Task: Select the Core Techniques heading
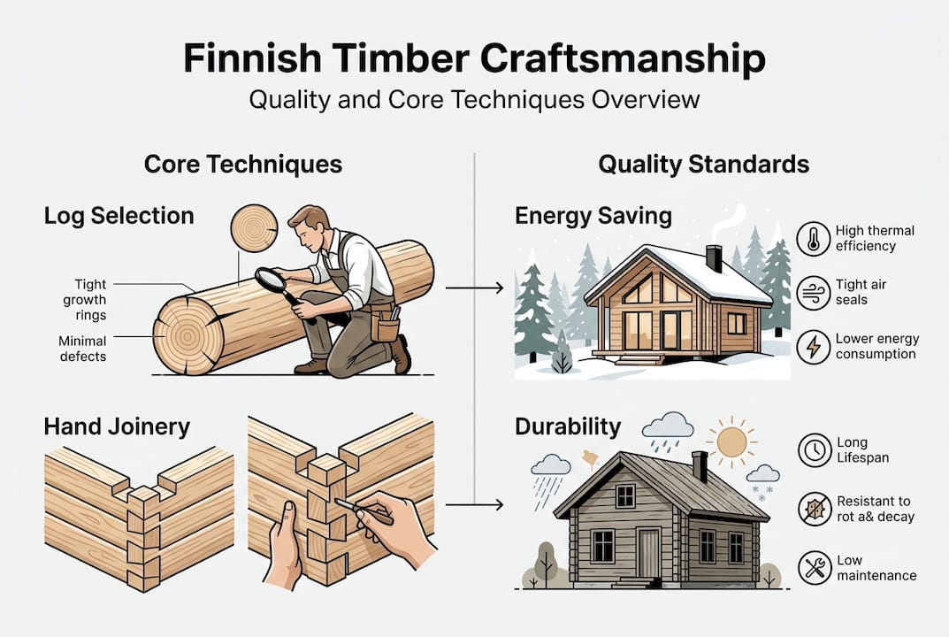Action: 242,165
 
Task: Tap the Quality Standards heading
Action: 703,165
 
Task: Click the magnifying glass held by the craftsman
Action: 272,281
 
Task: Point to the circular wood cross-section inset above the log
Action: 254,228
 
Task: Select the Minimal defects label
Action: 83,348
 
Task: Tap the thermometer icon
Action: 813,239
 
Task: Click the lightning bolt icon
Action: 813,346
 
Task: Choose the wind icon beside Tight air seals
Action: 813,293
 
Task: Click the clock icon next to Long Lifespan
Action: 813,450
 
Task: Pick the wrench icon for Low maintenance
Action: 813,567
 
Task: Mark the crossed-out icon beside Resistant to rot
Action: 813,509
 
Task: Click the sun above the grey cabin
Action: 731,440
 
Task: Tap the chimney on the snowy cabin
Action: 714,258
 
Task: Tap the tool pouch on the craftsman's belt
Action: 386,328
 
